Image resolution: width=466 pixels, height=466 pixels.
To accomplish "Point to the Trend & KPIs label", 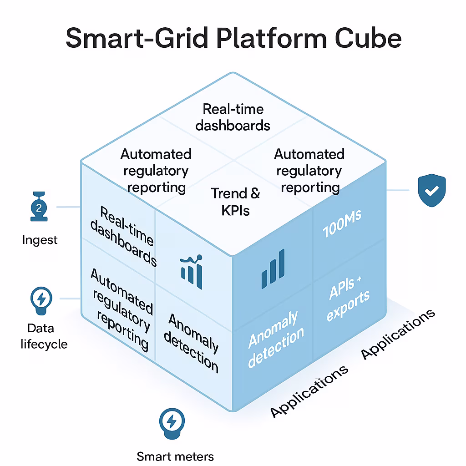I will [236, 201].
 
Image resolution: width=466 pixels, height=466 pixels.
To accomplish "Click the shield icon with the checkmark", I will [431, 191].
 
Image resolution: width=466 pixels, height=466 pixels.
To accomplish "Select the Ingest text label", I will [40, 239].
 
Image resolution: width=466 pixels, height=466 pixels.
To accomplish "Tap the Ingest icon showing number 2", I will [39, 208].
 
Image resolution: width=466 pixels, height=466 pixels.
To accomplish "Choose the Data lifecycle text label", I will [44, 336].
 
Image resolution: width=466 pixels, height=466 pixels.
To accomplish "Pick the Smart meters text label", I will [175, 456].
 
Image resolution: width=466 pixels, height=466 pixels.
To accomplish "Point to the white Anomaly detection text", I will [276, 337].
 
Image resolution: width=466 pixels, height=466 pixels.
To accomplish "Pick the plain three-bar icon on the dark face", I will [273, 269].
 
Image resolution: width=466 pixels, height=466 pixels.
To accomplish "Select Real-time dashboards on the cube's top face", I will [233, 117].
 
